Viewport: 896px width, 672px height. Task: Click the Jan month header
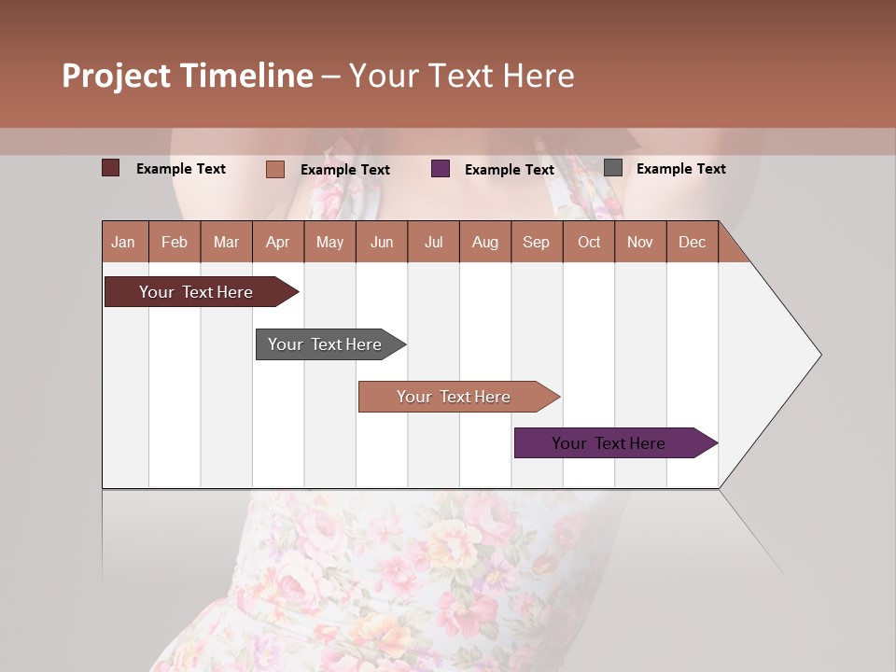[x=124, y=242]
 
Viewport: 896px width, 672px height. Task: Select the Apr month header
[x=278, y=242]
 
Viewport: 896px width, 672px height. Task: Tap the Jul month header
[x=433, y=242]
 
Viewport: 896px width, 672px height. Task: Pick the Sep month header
[x=536, y=242]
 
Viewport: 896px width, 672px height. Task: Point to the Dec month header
[x=692, y=242]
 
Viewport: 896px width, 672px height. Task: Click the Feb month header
[x=175, y=242]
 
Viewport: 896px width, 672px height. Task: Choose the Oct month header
[x=589, y=242]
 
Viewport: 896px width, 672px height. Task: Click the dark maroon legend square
[x=111, y=168]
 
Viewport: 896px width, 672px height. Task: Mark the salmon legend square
[x=274, y=169]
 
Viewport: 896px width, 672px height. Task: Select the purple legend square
[x=441, y=169]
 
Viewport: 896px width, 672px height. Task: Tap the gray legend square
[x=613, y=168]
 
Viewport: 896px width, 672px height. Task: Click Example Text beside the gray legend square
[x=680, y=169]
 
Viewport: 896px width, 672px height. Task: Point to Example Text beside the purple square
[x=509, y=170]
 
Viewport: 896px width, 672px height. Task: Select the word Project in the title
[x=117, y=76]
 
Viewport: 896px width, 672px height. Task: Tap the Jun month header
[x=382, y=242]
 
